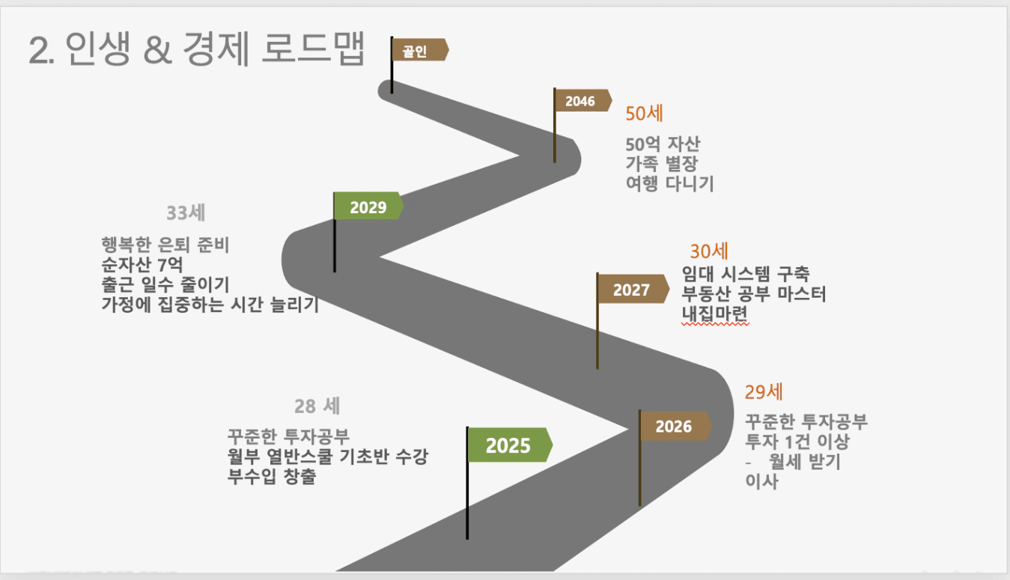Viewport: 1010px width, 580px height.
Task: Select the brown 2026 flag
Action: pos(676,426)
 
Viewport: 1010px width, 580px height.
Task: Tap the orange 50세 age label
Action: pos(644,113)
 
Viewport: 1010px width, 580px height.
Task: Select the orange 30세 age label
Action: pos(709,251)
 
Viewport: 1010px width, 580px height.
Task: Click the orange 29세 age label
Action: pos(764,391)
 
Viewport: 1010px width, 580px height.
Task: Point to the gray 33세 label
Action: pos(186,213)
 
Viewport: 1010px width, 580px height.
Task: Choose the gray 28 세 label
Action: pos(317,406)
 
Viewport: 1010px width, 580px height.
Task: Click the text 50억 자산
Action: pos(663,144)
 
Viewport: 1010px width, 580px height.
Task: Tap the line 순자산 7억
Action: pos(142,264)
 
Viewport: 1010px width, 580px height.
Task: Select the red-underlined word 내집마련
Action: pos(715,314)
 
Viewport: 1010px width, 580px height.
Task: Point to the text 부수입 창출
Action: pos(272,476)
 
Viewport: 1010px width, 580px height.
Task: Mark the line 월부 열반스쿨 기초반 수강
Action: pos(327,456)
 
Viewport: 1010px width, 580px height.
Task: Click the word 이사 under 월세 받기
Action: pos(761,481)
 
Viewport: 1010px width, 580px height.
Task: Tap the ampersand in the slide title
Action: pos(157,50)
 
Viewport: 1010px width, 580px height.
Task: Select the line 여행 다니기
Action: pos(669,183)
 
